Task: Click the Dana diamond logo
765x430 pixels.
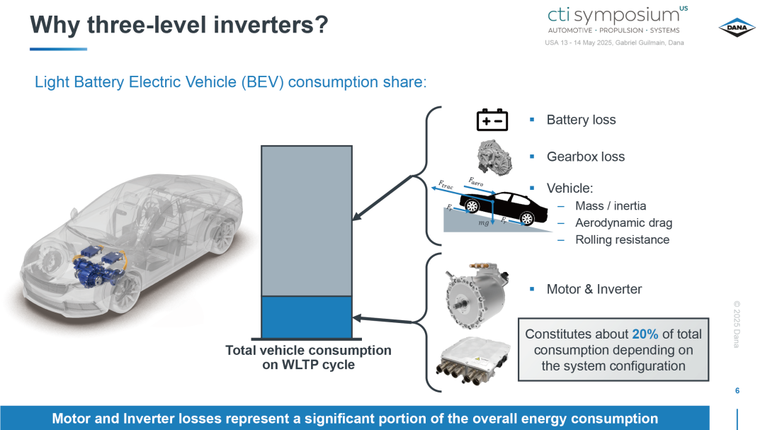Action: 737,28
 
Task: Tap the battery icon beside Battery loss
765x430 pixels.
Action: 492,120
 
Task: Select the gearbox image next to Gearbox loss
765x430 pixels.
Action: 494,157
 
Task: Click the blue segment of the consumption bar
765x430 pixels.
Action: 307,317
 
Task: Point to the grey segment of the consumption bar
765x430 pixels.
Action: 307,220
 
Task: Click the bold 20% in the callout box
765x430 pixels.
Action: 645,334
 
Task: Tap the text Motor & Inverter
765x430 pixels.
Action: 594,289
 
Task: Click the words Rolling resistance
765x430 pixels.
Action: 622,239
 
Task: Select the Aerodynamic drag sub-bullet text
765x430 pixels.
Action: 623,222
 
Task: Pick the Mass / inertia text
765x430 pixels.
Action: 611,206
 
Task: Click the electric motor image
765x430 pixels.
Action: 477,294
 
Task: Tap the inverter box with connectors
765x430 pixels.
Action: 473,361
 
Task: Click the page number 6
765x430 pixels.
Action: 737,390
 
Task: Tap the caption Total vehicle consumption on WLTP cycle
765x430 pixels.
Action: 308,357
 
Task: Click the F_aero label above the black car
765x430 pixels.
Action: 476,181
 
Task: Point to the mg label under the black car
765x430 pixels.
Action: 484,222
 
